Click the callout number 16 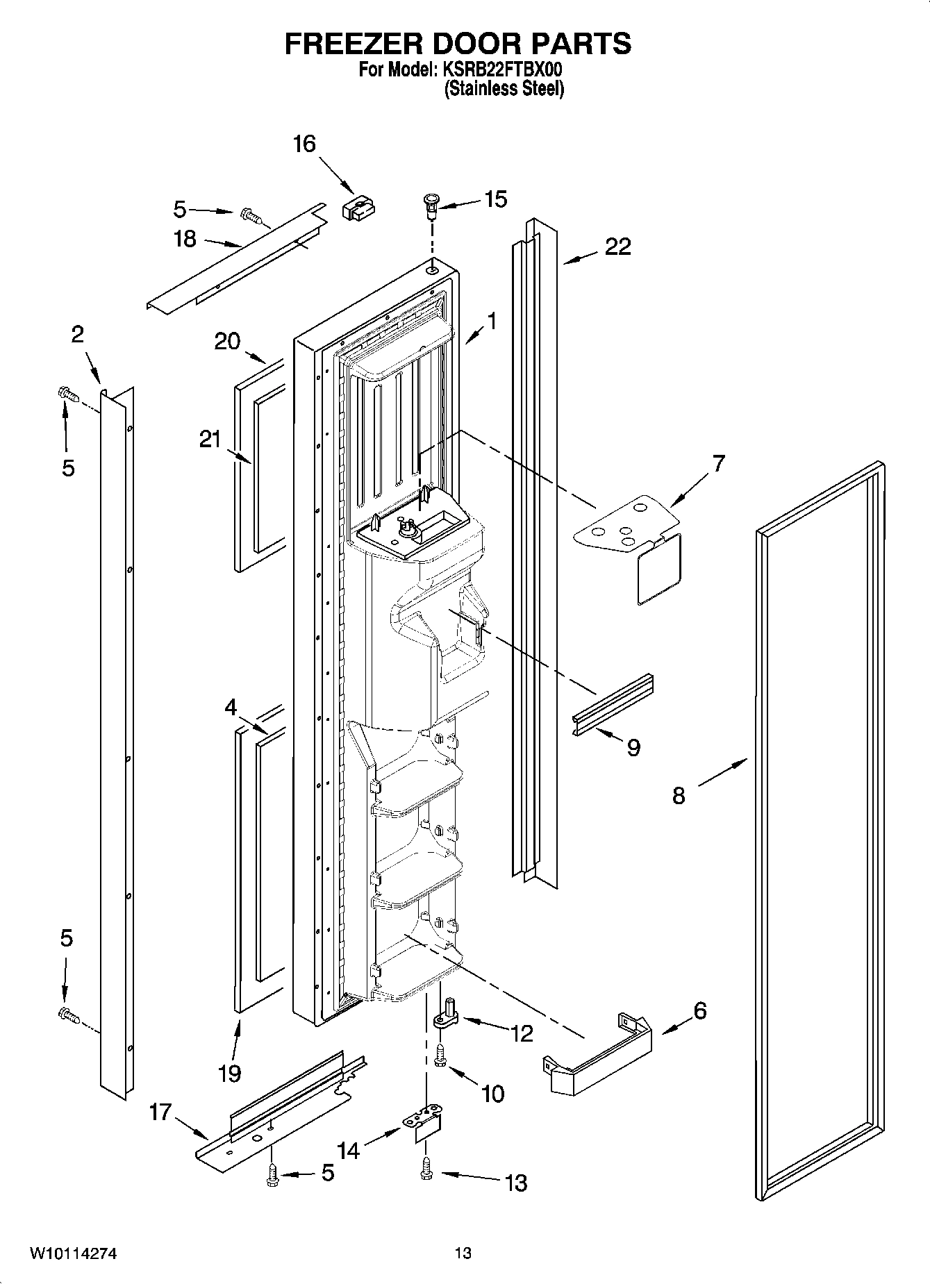304,144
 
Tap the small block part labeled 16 358,207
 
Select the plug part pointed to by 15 430,203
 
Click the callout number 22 617,247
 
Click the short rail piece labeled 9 612,705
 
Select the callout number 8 678,795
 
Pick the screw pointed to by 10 440,1056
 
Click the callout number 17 160,1112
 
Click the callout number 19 229,1073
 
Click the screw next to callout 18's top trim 252,217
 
